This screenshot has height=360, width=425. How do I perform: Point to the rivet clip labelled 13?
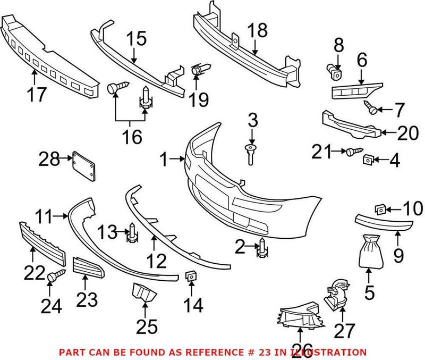pyautogui.click(x=130, y=234)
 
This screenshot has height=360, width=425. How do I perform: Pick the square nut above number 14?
pyautogui.click(x=190, y=276)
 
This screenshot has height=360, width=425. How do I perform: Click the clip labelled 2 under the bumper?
pyautogui.click(x=262, y=248)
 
